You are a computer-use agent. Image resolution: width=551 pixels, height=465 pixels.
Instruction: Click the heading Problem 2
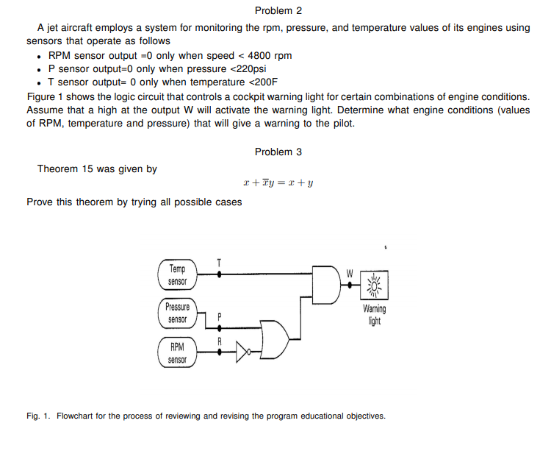(x=278, y=10)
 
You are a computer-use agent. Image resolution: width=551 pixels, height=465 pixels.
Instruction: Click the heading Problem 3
(x=278, y=152)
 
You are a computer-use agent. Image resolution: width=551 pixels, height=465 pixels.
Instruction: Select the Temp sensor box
(x=178, y=275)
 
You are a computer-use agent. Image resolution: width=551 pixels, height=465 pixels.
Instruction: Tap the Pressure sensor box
(x=177, y=313)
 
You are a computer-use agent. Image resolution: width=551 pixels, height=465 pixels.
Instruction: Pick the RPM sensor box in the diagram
(x=177, y=352)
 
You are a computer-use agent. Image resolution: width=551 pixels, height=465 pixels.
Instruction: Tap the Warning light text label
(x=375, y=315)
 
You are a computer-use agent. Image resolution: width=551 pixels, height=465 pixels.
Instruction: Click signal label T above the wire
(x=218, y=262)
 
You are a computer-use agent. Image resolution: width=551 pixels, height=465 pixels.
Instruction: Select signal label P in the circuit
(x=219, y=316)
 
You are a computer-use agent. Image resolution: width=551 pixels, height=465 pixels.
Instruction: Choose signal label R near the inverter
(x=219, y=341)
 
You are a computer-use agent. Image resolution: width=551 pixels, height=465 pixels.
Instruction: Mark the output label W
(x=350, y=273)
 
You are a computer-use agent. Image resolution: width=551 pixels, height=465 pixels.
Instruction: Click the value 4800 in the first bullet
(x=260, y=55)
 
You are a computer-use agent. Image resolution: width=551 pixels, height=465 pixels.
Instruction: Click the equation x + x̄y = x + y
(x=278, y=184)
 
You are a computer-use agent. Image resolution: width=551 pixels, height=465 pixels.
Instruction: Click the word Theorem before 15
(x=58, y=168)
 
